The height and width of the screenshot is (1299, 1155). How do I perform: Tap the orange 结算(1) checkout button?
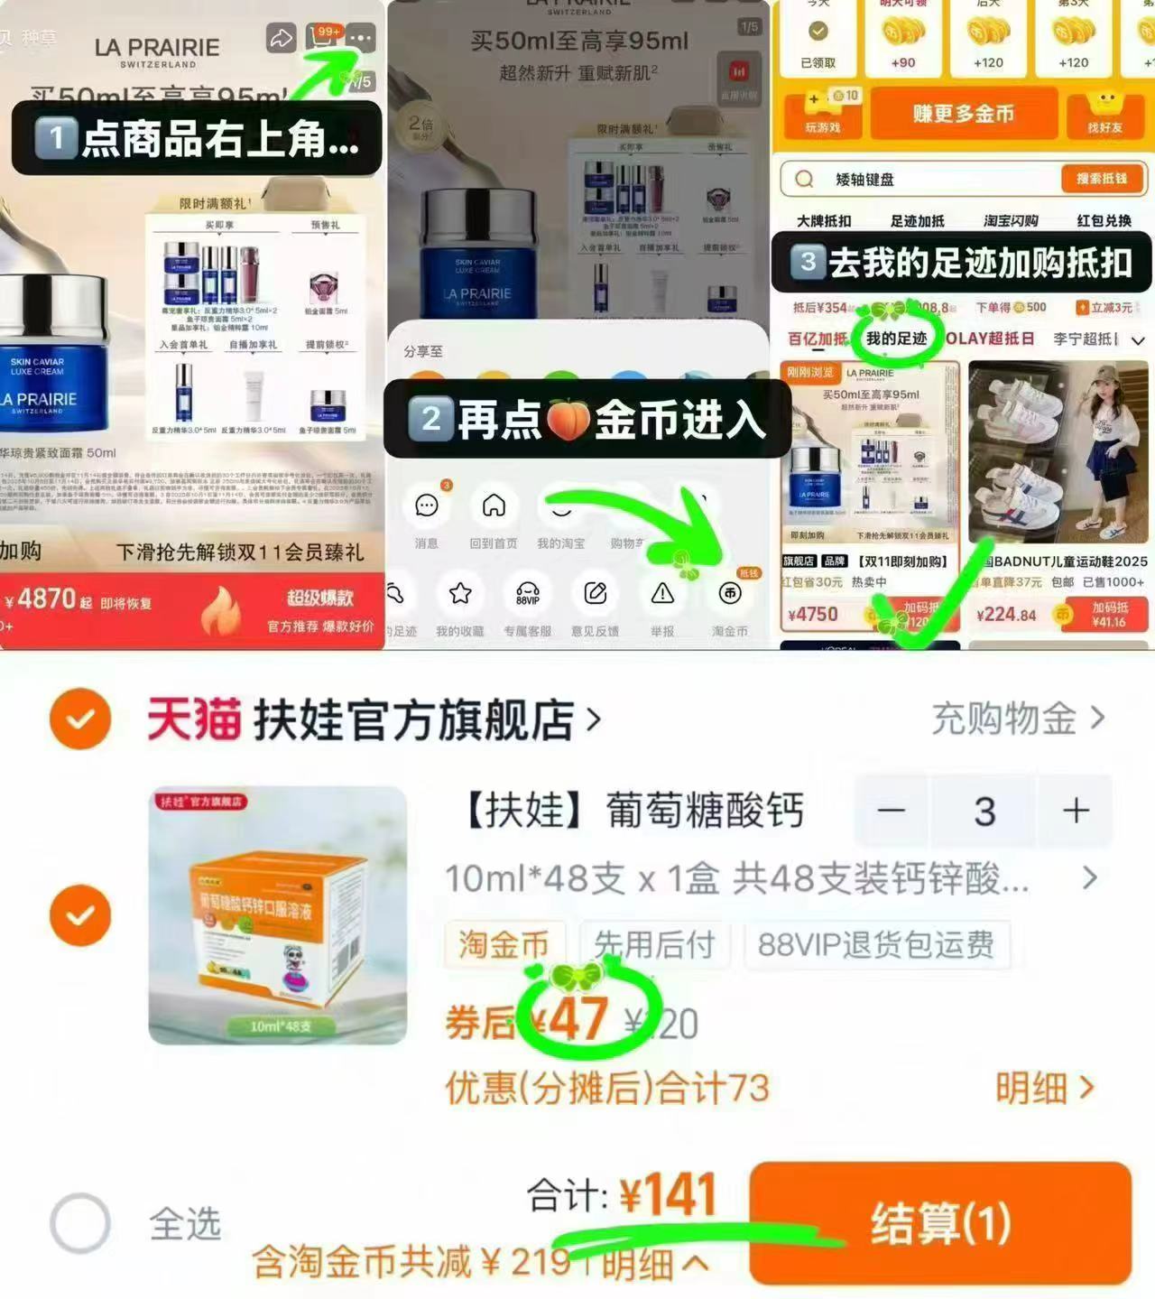pos(940,1222)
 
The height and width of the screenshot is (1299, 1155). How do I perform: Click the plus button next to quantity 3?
pos(1076,811)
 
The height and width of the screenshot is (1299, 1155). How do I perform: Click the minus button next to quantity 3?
pos(891,811)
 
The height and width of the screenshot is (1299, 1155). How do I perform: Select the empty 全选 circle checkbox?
pos(80,1223)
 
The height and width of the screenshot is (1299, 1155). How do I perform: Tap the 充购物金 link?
pos(1017,719)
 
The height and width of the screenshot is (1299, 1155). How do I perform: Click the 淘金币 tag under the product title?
pos(504,944)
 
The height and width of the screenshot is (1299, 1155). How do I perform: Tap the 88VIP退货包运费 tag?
pos(875,944)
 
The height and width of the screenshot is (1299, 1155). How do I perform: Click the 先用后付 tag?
pos(654,944)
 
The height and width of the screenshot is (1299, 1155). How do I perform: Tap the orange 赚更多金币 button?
pos(963,114)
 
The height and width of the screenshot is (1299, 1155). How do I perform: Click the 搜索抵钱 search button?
pos(1101,179)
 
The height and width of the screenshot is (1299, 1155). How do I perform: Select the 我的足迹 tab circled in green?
pos(896,339)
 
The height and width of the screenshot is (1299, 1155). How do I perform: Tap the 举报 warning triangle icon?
pos(662,593)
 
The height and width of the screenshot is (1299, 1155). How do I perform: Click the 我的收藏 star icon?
pos(460,593)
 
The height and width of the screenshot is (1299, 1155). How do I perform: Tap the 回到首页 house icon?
pos(494,506)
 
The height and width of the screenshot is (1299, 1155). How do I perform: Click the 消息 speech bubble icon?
pos(426,506)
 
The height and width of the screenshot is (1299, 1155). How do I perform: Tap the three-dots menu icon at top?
pos(359,38)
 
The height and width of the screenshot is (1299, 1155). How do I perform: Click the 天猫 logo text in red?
pos(194,719)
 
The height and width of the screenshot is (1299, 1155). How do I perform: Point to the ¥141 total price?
pos(668,1195)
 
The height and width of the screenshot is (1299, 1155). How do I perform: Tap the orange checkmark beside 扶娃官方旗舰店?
pos(80,719)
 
